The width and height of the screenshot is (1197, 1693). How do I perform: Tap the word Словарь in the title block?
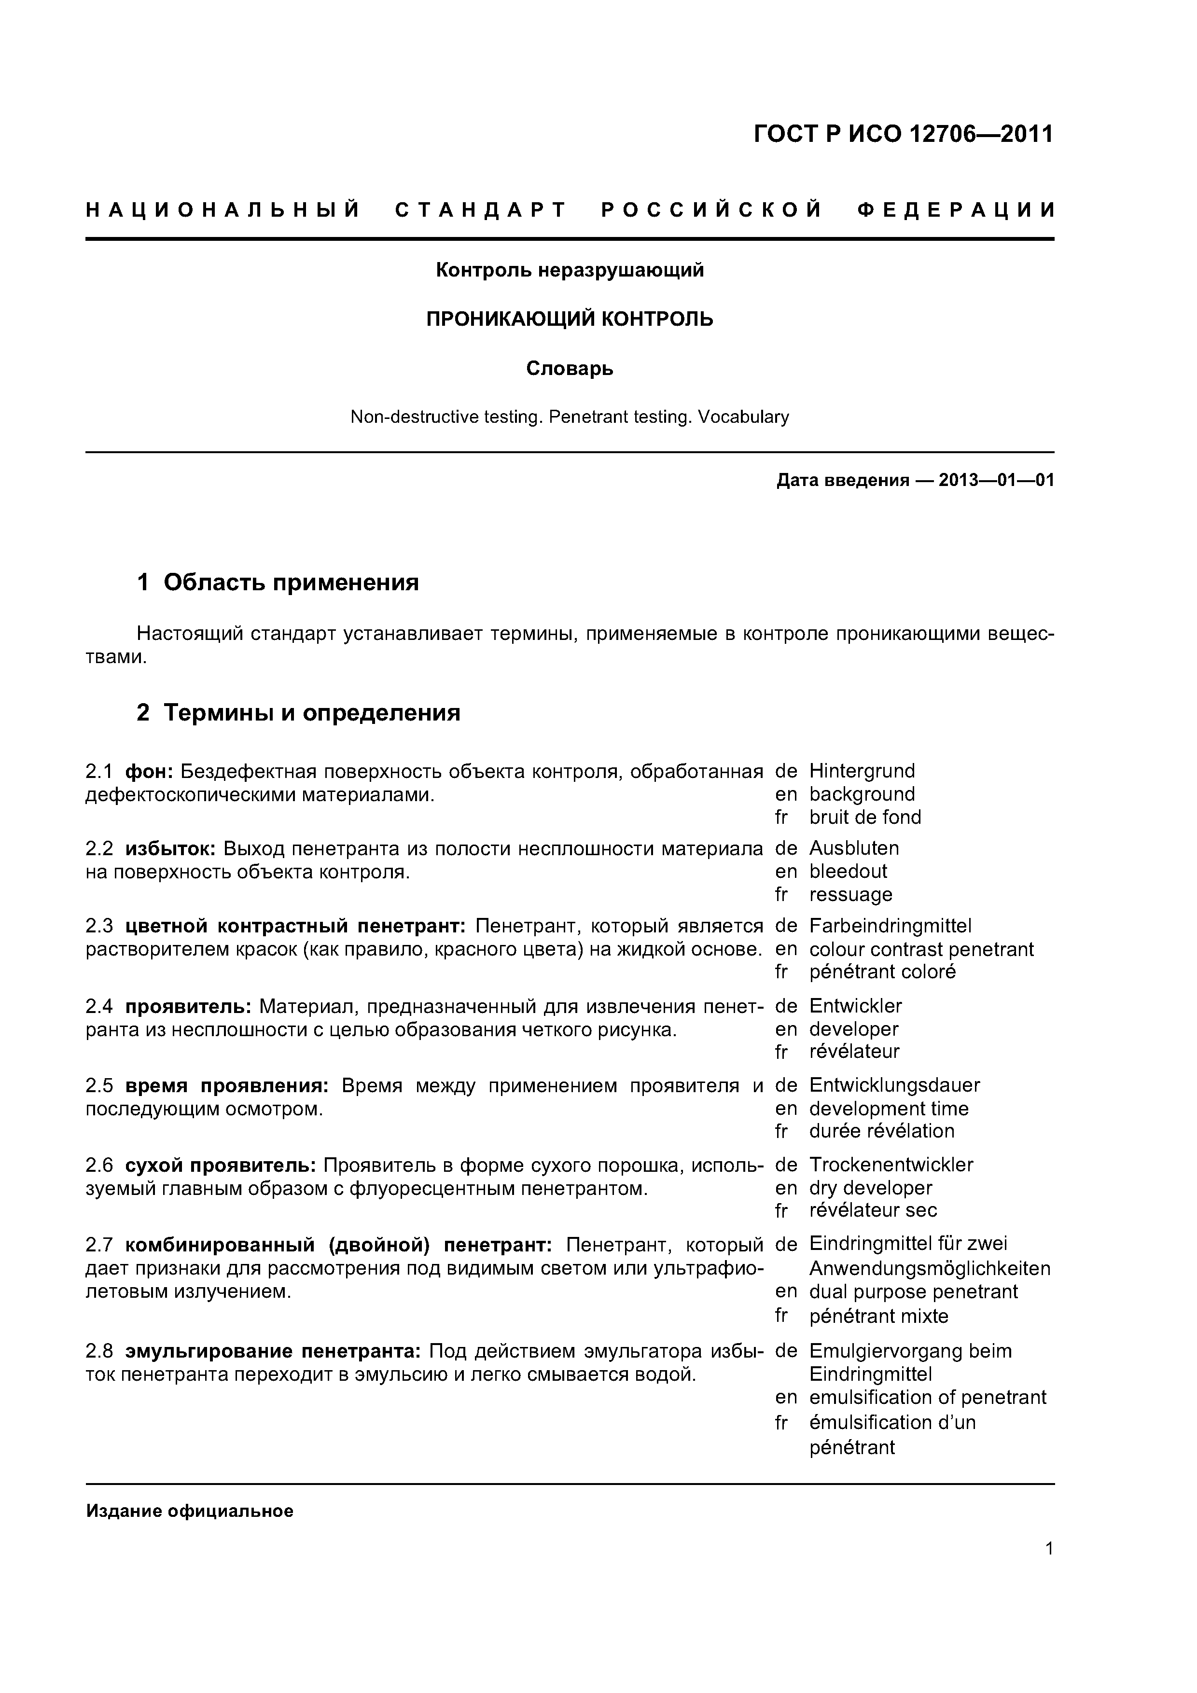pos(570,368)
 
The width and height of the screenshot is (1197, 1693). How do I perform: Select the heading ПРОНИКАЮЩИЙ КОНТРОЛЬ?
pos(570,319)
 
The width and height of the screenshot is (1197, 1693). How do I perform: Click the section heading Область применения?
pos(291,583)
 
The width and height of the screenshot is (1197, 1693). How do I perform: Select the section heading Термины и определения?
pos(311,713)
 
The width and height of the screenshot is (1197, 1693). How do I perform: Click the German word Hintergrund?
pos(862,771)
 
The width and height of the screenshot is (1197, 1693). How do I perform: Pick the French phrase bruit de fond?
pos(864,818)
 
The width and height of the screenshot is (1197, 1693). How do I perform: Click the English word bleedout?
pos(848,872)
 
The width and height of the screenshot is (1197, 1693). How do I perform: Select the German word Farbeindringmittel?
pos(890,926)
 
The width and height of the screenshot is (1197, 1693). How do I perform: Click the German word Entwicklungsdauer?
pos(894,1085)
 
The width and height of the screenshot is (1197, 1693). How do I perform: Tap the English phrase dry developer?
pos(870,1188)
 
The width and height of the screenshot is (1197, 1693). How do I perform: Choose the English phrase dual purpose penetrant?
pos(913,1292)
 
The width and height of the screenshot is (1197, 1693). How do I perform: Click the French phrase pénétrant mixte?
pos(878,1316)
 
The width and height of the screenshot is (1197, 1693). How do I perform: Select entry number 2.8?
pos(99,1352)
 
